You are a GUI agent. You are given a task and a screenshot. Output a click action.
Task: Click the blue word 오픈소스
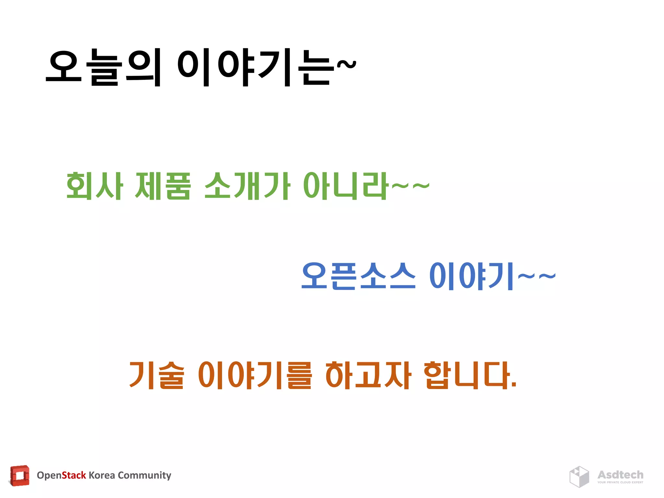[x=358, y=276]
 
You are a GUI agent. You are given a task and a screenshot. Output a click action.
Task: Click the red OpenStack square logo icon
[x=20, y=476]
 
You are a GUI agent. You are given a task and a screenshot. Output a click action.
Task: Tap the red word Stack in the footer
[x=74, y=475]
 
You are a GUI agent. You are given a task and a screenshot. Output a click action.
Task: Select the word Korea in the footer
[x=102, y=475]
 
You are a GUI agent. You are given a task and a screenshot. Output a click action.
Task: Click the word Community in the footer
[x=144, y=475]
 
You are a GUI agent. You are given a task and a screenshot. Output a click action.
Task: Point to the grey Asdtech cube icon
[x=579, y=477]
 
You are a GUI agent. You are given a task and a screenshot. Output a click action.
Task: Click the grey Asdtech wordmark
[x=620, y=475]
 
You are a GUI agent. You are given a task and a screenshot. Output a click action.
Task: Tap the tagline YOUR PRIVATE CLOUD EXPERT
[x=620, y=482]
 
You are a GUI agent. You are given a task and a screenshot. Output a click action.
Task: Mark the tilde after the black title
[x=347, y=65]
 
